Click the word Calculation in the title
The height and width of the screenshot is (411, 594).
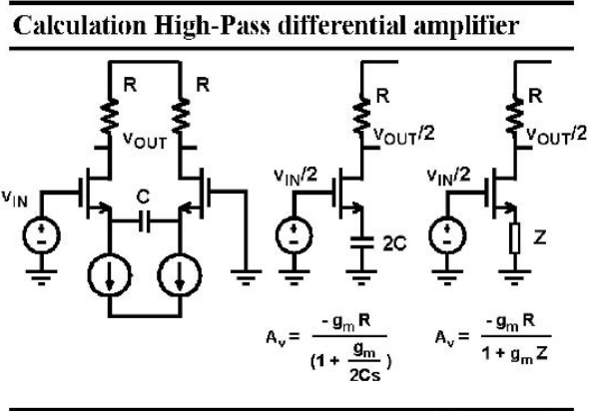pos(80,25)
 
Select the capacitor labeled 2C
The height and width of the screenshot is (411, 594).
pos(361,242)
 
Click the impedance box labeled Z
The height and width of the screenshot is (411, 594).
pos(515,238)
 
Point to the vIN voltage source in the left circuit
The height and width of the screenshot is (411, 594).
pos(41,235)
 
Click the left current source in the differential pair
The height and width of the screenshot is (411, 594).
pos(110,275)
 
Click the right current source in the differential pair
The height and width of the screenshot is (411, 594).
pos(179,275)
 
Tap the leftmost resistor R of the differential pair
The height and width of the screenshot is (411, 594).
pos(110,117)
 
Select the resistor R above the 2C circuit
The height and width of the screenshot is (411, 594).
pos(361,117)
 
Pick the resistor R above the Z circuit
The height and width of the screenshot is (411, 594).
pos(515,117)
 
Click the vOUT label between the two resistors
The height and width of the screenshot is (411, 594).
pos(145,141)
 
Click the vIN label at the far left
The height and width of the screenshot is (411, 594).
pos(15,199)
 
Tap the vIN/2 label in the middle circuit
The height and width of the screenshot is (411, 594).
pos(296,177)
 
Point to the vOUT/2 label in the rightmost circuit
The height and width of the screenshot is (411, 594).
pos(557,136)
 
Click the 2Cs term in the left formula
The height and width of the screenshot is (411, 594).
pos(364,375)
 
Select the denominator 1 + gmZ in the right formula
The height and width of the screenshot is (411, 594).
pos(514,354)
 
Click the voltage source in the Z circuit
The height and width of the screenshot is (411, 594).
pos(447,235)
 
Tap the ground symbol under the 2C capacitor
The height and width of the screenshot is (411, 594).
pos(361,277)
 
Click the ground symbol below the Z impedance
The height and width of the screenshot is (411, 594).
pos(515,277)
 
